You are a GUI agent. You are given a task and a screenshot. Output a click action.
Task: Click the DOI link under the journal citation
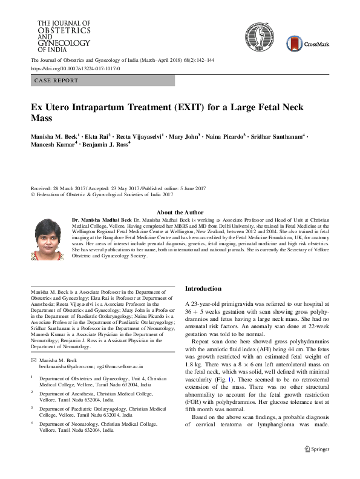(x=75, y=69)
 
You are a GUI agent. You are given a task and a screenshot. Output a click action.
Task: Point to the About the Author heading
(x=180, y=212)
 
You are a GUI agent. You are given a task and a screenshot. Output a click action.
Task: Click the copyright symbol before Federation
(x=33, y=195)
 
